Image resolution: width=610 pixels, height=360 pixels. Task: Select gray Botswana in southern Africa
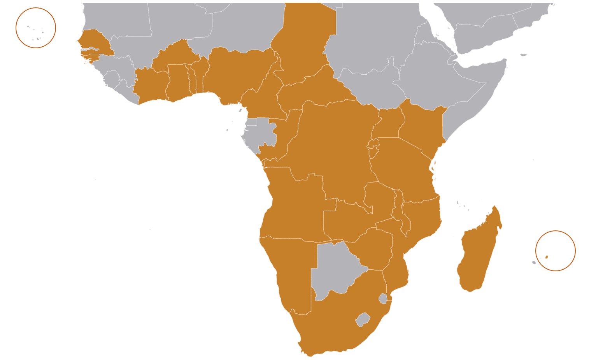click(x=335, y=269)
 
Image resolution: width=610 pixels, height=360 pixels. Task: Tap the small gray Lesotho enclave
click(x=363, y=320)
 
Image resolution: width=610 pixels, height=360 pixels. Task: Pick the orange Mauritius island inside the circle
click(x=547, y=257)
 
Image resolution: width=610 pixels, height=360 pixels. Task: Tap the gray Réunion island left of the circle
click(x=534, y=262)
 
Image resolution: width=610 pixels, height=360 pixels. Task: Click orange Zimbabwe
click(x=373, y=249)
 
